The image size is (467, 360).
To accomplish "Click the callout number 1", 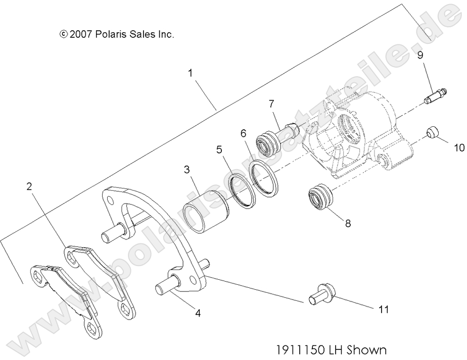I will pyautogui.click(x=191, y=73).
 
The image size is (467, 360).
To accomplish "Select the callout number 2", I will pyautogui.click(x=29, y=186).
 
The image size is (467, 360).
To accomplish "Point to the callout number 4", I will pyautogui.click(x=198, y=313).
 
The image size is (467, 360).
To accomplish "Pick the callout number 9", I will pyautogui.click(x=420, y=56).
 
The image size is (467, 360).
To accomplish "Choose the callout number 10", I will pyautogui.click(x=458, y=148).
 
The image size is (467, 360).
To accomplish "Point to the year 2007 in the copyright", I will pyautogui.click(x=80, y=34).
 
